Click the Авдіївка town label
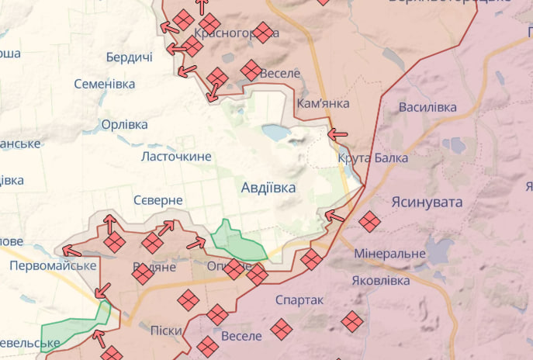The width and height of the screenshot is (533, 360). [x=268, y=187]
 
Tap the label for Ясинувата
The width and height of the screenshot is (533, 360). [x=427, y=202]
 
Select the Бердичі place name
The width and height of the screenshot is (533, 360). [x=129, y=58]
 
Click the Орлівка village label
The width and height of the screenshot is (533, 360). [x=124, y=125]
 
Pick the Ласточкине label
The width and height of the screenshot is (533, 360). [x=176, y=157]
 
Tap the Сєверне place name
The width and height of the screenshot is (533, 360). [x=157, y=200]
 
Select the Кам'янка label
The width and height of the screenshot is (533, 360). [x=323, y=103]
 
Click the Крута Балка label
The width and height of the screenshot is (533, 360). [x=372, y=158]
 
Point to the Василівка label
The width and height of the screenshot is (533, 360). [x=427, y=107]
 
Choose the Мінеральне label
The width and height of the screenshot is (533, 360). [x=389, y=254]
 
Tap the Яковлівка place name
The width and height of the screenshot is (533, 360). [x=381, y=279]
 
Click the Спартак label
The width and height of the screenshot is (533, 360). [x=299, y=299]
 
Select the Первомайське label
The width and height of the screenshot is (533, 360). [x=53, y=265]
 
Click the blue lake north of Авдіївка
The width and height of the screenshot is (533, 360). [x=275, y=133]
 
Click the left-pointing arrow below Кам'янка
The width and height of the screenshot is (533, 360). [x=337, y=134]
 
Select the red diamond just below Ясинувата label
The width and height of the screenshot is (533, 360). [x=370, y=222]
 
